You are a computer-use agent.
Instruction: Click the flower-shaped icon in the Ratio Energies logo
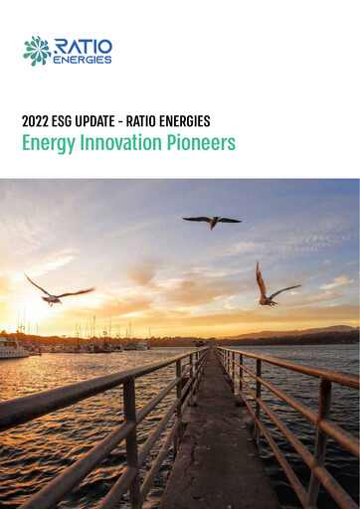point(37,51)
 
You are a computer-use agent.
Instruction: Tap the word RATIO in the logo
point(83,46)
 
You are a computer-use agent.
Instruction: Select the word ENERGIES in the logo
point(83,60)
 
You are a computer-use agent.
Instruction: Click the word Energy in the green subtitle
point(49,143)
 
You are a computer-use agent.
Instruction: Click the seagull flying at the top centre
point(212,221)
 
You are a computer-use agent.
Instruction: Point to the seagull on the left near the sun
point(57,291)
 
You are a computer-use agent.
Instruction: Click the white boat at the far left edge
point(12,347)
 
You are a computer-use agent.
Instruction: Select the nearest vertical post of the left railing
point(129,437)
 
